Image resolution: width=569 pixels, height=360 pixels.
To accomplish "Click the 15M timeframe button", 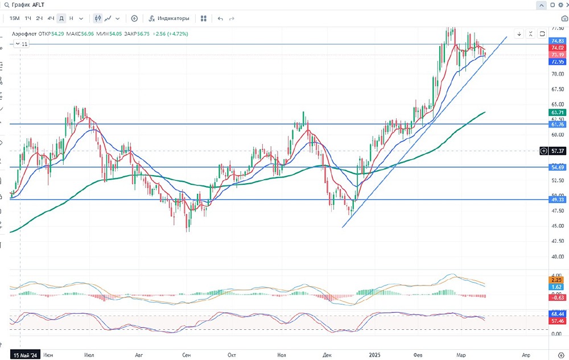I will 15,18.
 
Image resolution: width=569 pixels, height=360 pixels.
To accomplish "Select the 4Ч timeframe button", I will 51,18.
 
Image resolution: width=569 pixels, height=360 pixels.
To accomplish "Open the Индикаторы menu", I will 169,18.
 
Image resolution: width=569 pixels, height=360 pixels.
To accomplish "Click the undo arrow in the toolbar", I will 220,18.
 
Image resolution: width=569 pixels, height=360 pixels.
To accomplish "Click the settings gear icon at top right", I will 560,5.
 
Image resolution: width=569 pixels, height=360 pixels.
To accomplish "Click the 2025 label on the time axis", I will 374,354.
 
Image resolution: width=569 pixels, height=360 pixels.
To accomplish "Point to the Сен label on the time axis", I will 187,354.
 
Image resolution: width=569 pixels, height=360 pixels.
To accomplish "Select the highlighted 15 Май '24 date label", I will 26,354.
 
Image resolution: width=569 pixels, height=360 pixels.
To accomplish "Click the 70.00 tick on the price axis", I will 557,74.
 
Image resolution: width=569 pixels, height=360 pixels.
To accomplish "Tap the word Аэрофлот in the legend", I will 24,34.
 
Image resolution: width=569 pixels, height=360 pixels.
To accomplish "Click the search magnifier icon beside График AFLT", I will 5,5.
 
